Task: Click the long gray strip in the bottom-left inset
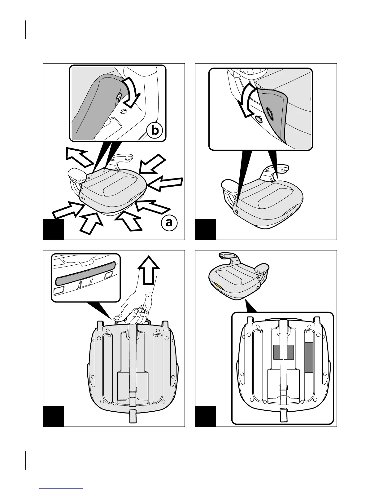(x=85, y=272)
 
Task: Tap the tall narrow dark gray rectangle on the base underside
(x=309, y=357)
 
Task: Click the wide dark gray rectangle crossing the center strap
(x=283, y=352)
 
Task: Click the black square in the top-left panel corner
(x=53, y=229)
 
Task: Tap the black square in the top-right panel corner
(x=205, y=229)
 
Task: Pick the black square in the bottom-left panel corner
(x=53, y=416)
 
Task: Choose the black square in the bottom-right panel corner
(x=205, y=416)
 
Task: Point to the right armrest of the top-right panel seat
(x=277, y=170)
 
